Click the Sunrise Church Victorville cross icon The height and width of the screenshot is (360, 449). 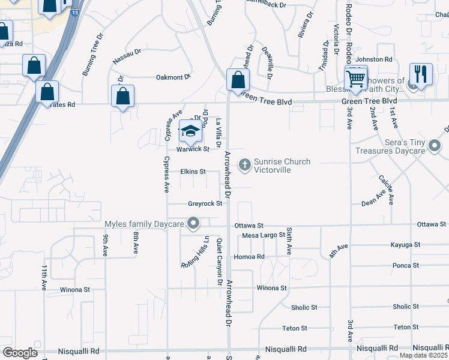[x=244, y=164]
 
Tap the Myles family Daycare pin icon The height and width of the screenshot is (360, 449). [x=193, y=225]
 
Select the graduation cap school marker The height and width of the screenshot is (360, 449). [x=190, y=131]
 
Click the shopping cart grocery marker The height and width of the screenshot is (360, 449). [x=356, y=78]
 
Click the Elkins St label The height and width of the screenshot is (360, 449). [x=193, y=172]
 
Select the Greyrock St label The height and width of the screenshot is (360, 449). [x=205, y=204]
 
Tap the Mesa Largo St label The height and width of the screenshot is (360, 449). [x=263, y=235]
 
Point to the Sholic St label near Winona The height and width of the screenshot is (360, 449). [x=304, y=308]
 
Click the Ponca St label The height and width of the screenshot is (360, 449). [x=406, y=265]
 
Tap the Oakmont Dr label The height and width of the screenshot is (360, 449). [x=173, y=77]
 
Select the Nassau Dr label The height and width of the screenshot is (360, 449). [x=127, y=57]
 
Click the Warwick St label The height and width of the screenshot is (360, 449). [x=192, y=149]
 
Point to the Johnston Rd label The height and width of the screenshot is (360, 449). [x=373, y=59]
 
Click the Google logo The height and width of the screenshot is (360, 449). [x=20, y=353]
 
